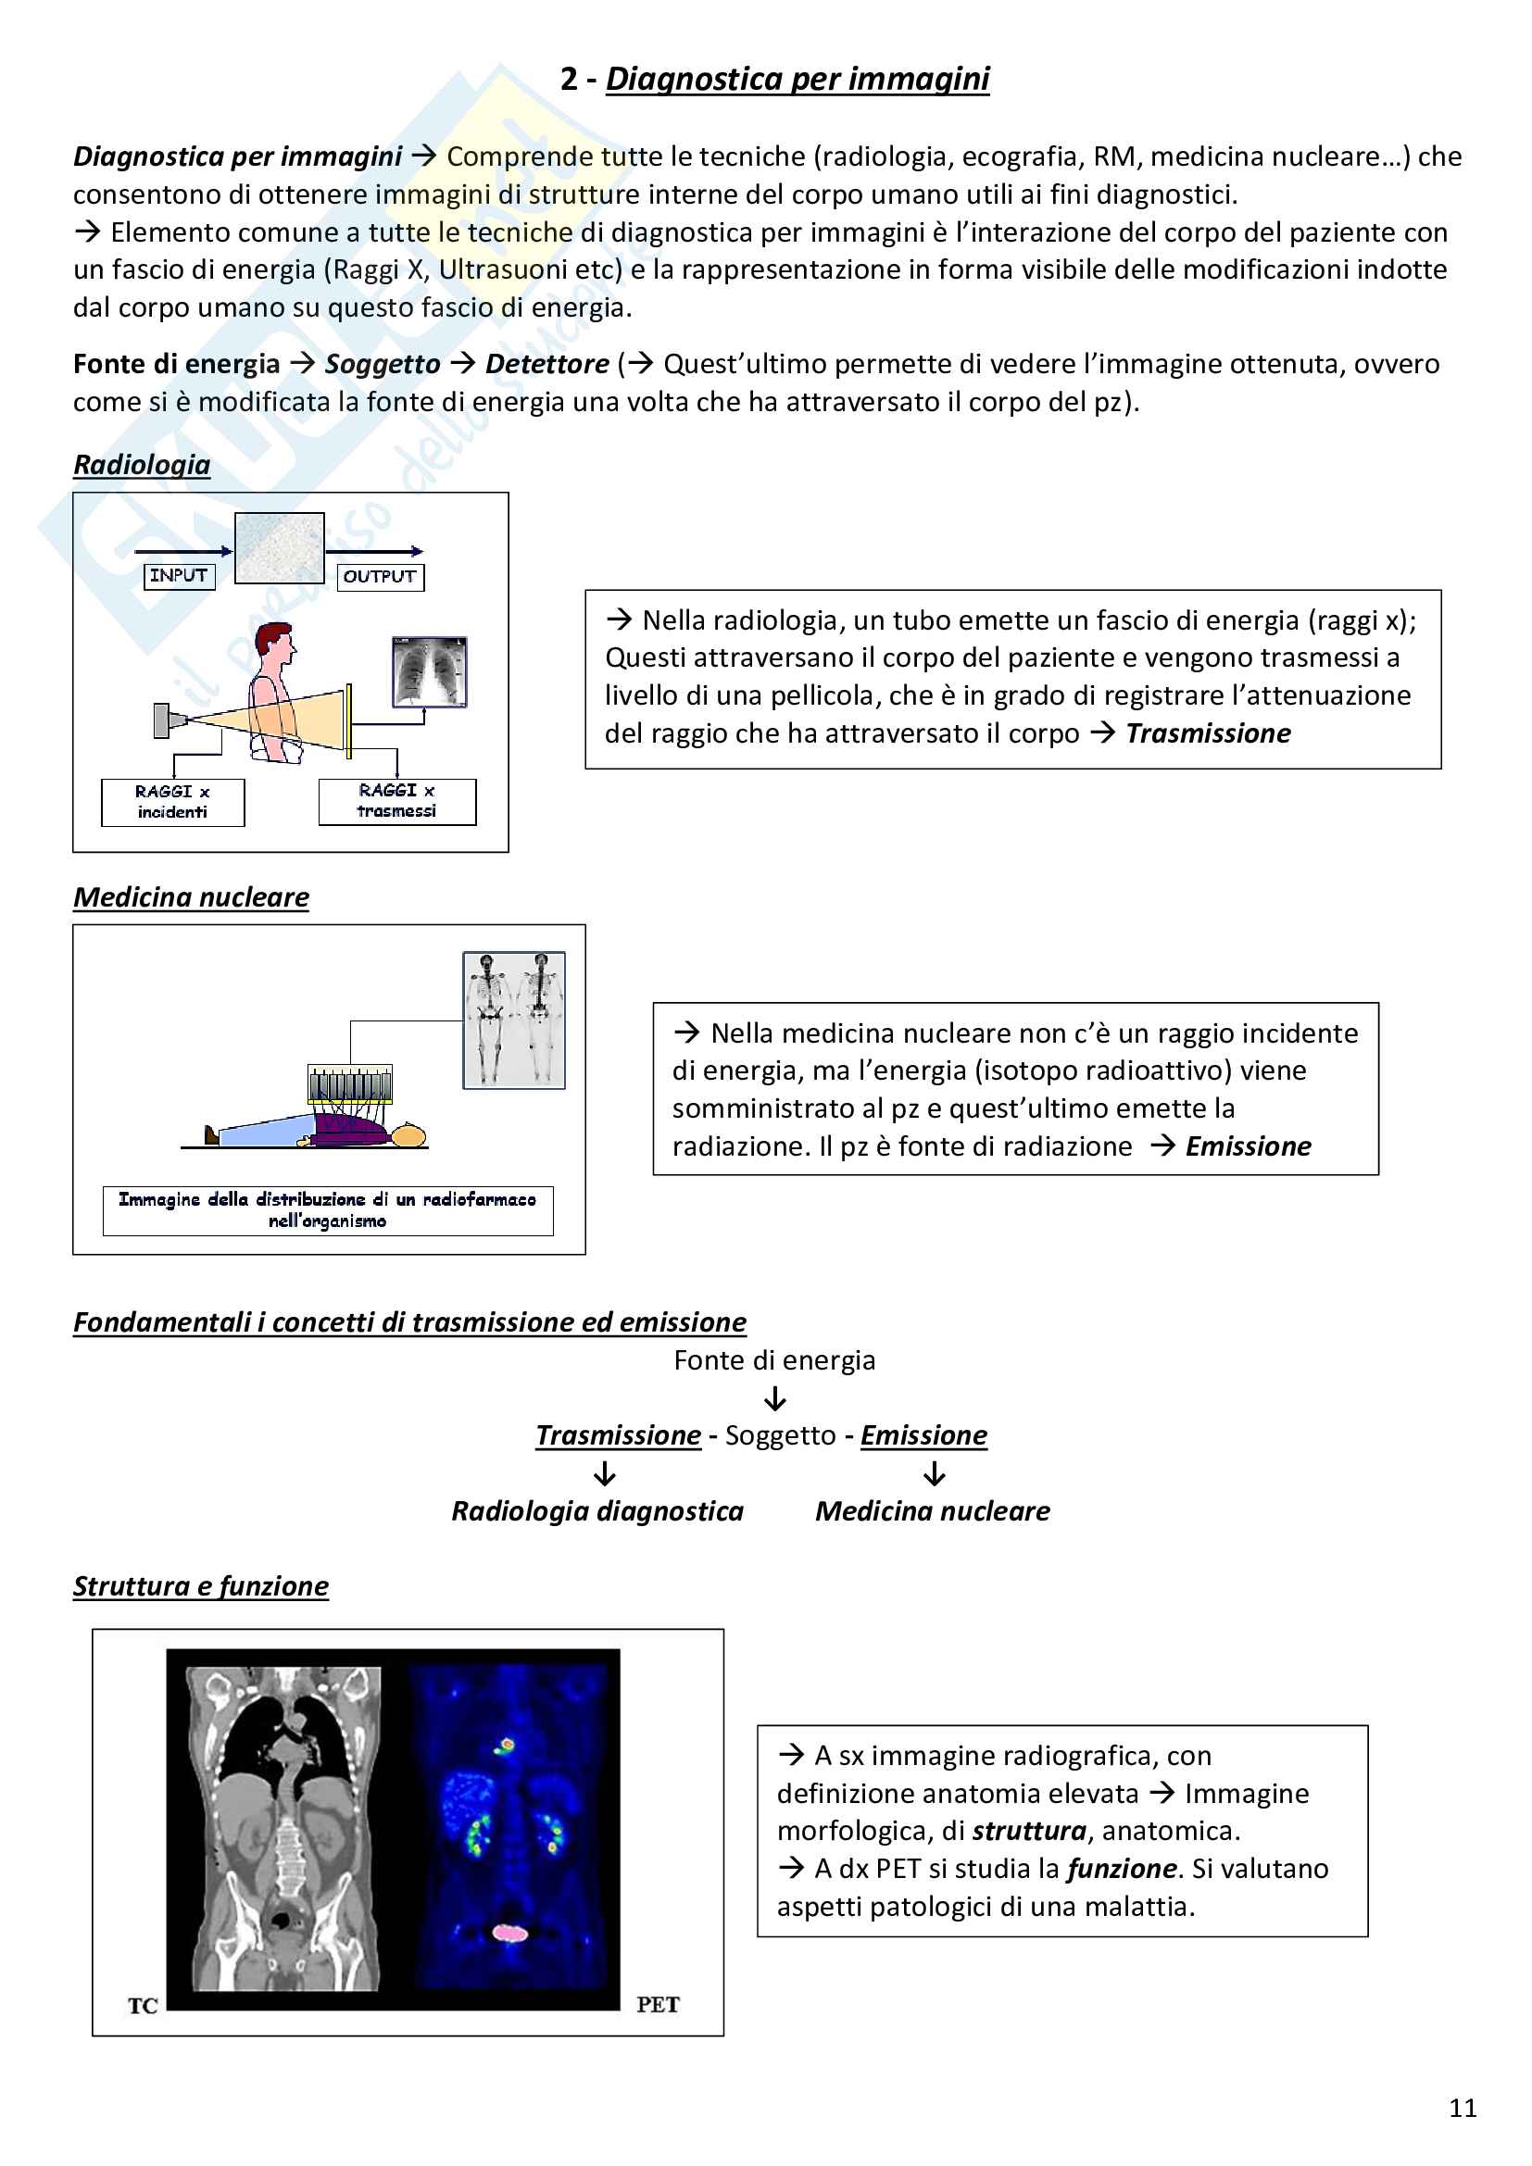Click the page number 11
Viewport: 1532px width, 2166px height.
pyautogui.click(x=1463, y=2108)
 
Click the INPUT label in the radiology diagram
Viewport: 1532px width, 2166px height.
pyautogui.click(x=178, y=575)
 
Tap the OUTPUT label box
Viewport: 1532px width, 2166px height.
pyautogui.click(x=380, y=576)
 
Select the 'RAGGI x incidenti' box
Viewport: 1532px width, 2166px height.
pyautogui.click(x=172, y=802)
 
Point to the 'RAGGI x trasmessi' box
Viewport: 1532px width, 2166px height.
pyautogui.click(x=397, y=801)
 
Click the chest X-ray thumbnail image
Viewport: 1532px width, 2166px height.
pyautogui.click(x=429, y=671)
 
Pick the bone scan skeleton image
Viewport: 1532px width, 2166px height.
pyautogui.click(x=514, y=1020)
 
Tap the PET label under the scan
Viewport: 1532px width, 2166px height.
pyautogui.click(x=658, y=2005)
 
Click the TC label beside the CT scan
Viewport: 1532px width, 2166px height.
pyautogui.click(x=143, y=2006)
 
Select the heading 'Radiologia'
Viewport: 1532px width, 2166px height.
pyautogui.click(x=142, y=464)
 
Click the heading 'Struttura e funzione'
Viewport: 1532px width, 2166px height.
pyautogui.click(x=201, y=1585)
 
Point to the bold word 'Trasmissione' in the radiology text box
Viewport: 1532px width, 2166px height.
pyautogui.click(x=1209, y=733)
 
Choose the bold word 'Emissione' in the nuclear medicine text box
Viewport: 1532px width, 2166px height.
pyautogui.click(x=1248, y=1146)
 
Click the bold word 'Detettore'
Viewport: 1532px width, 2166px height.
pyautogui.click(x=547, y=364)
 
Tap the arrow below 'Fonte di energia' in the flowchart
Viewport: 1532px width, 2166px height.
pyautogui.click(x=775, y=1398)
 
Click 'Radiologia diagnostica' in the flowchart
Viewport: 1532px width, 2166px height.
pyautogui.click(x=597, y=1511)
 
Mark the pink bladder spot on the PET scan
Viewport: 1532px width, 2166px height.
pyautogui.click(x=509, y=1933)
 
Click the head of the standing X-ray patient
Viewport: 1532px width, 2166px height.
pyautogui.click(x=276, y=643)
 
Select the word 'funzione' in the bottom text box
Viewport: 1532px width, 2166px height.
pyautogui.click(x=1122, y=1869)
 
